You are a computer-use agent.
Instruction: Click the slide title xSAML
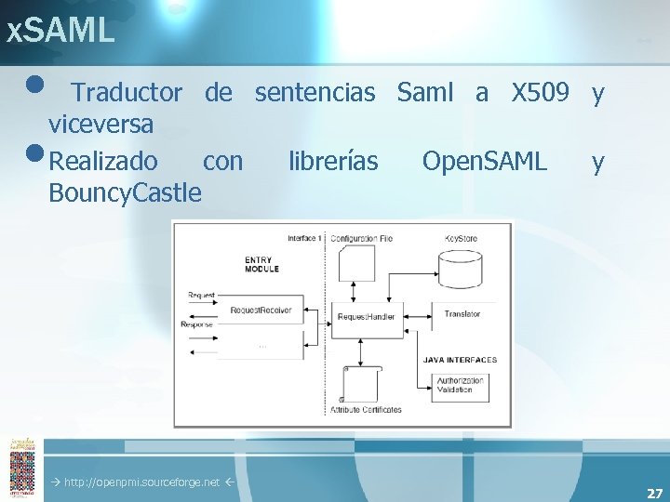tap(60, 31)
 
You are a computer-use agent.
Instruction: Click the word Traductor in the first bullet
tap(127, 92)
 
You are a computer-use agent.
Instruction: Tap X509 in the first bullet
tap(541, 92)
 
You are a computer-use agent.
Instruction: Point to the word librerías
tap(333, 162)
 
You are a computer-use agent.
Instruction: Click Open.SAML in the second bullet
tap(484, 162)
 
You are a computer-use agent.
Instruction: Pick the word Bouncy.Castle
tap(125, 192)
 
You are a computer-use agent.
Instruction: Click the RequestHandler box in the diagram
tap(366, 317)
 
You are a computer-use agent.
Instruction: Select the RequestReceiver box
tap(261, 310)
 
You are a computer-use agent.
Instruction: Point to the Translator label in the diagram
tap(462, 314)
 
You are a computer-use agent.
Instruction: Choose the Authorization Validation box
tap(460, 385)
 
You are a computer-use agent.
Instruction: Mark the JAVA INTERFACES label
tap(460, 360)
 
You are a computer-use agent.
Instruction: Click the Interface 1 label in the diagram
tap(304, 239)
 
